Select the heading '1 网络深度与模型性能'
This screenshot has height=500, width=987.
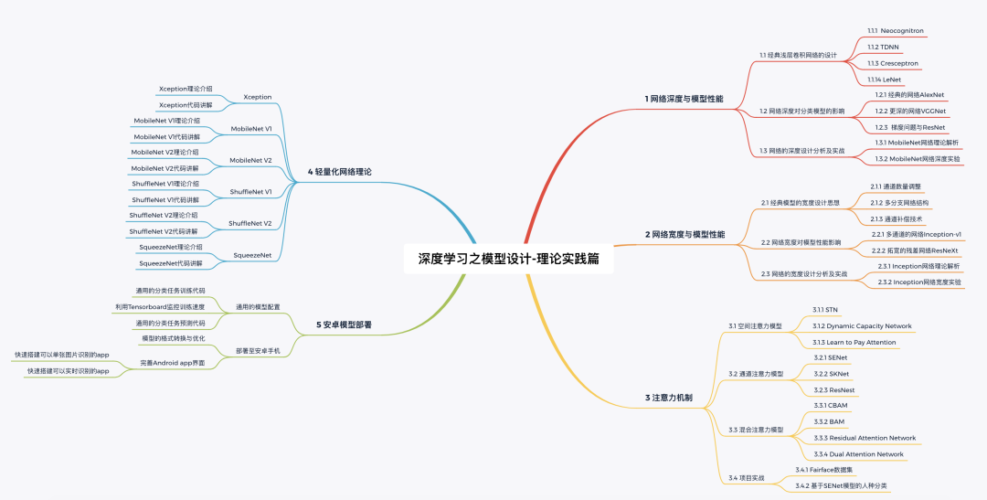coord(684,98)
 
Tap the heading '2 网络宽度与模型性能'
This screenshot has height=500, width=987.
coord(685,234)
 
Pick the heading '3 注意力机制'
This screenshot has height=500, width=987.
coord(668,398)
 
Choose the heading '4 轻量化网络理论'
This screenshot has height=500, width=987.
coord(340,171)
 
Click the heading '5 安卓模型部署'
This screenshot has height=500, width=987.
coord(344,324)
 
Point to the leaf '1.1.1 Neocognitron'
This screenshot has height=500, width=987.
coord(895,30)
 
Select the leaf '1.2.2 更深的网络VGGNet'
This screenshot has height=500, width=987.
coord(911,111)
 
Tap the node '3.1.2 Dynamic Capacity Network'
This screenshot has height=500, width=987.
coord(862,325)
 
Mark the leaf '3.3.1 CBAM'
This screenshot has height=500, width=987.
coord(830,405)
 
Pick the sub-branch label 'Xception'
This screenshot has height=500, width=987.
coord(258,96)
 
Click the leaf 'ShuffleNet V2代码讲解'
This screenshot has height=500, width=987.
coord(164,231)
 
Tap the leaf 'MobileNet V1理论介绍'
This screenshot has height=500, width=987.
coord(166,121)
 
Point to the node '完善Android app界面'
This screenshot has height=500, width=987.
coord(173,363)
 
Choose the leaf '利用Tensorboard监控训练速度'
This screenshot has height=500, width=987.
coord(159,306)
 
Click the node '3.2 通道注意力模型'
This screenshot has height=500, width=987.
coord(756,374)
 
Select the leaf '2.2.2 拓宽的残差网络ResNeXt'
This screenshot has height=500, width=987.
coord(915,250)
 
